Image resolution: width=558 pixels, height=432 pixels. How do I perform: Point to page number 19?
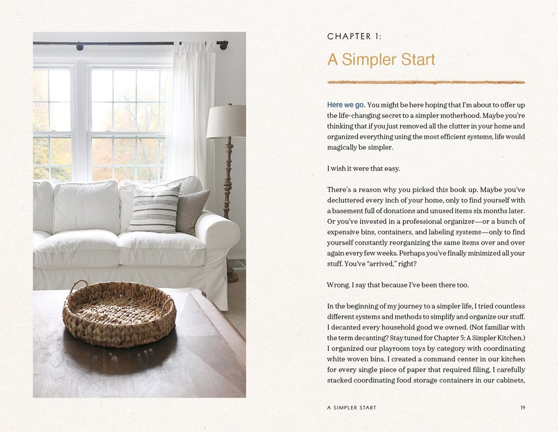(x=522, y=407)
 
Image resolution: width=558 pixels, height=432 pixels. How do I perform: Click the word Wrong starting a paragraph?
(x=338, y=285)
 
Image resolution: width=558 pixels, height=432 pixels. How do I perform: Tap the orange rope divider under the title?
(x=426, y=82)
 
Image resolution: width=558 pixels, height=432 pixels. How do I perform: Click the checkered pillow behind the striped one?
(x=193, y=211)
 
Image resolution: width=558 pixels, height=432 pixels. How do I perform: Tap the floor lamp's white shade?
(x=226, y=121)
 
